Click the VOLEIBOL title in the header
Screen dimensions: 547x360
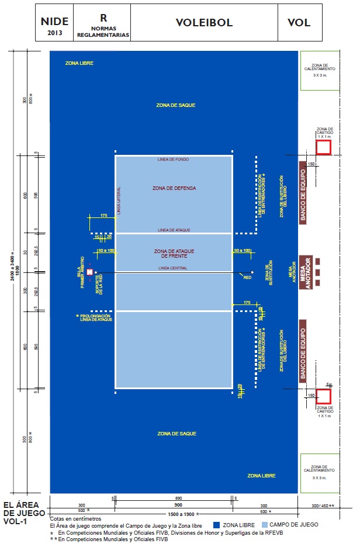(x=204, y=23)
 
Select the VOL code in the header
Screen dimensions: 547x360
(x=299, y=23)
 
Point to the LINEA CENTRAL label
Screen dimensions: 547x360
(x=172, y=268)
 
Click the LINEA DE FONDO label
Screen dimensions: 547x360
(x=174, y=160)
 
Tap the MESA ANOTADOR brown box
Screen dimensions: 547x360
(x=304, y=272)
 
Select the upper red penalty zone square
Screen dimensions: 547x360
(x=323, y=147)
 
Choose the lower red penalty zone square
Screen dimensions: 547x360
(x=323, y=396)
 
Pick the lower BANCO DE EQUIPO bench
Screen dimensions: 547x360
(x=303, y=351)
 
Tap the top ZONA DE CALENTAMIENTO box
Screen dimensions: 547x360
(x=320, y=70)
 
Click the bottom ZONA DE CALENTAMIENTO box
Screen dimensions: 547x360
(x=320, y=473)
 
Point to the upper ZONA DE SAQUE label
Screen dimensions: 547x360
(x=175, y=105)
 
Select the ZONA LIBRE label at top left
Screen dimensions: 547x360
(x=79, y=63)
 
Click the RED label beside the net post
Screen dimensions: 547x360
(x=247, y=278)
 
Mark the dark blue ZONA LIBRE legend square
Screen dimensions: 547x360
(x=216, y=525)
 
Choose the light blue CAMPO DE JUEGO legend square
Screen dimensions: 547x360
(x=265, y=525)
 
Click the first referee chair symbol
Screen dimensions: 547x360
(x=89, y=272)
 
